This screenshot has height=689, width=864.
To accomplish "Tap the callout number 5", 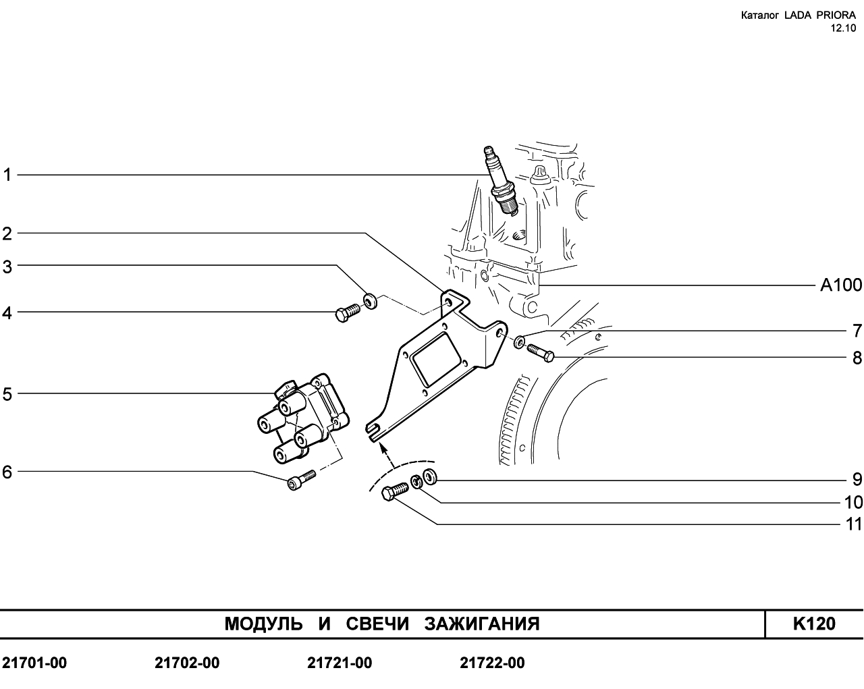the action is pyautogui.click(x=7, y=394).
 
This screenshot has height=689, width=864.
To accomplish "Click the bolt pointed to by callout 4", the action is pyautogui.click(x=347, y=312).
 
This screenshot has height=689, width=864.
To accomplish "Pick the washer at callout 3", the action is pyautogui.click(x=370, y=302).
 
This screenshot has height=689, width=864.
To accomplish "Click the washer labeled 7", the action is pyautogui.click(x=519, y=342).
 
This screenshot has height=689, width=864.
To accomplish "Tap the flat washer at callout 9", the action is pyautogui.click(x=430, y=476).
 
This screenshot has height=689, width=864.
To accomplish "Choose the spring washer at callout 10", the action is pyautogui.click(x=416, y=481).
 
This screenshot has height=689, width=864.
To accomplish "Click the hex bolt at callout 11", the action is pyautogui.click(x=395, y=492).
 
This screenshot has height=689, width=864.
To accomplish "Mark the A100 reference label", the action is pyautogui.click(x=841, y=285).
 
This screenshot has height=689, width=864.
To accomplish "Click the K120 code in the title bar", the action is pyautogui.click(x=814, y=624).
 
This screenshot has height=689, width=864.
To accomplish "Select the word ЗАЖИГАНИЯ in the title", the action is pyautogui.click(x=482, y=624).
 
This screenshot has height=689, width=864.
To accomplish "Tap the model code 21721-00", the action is pyautogui.click(x=340, y=663).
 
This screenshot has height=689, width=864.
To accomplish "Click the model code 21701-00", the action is pyautogui.click(x=34, y=663).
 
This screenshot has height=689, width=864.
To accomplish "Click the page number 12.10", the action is pyautogui.click(x=842, y=28).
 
